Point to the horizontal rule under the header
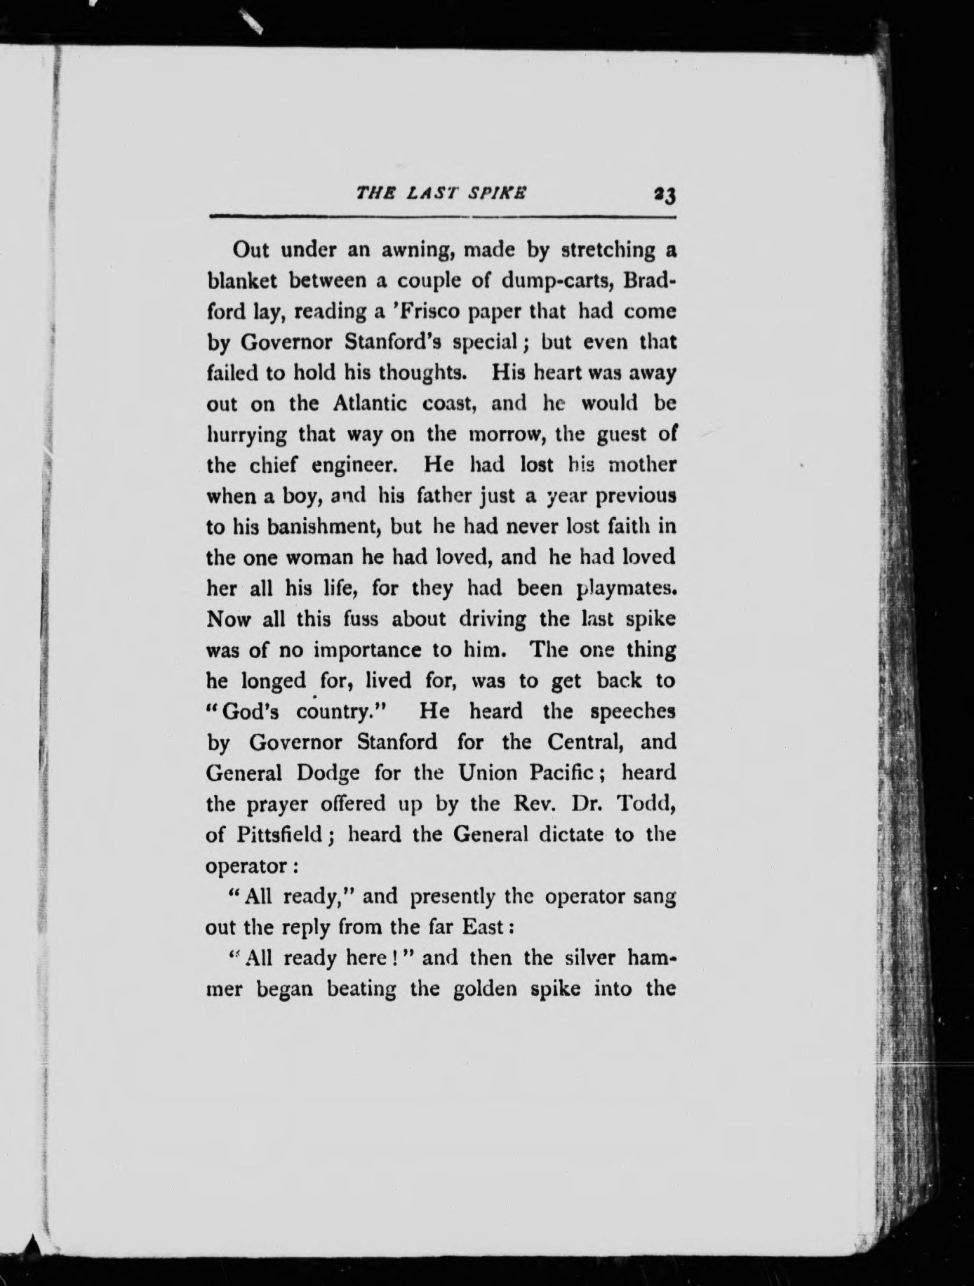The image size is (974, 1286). [x=441, y=217]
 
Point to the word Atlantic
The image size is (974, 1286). [x=370, y=404]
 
